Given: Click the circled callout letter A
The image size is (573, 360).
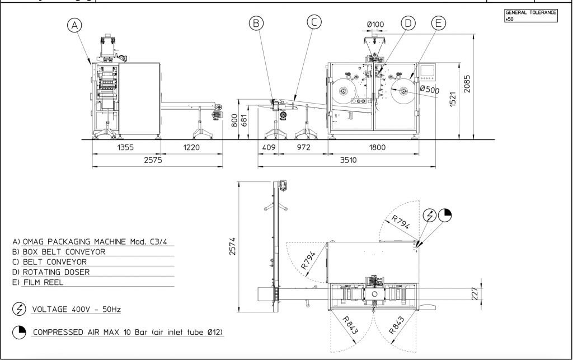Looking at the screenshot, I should tap(74, 25).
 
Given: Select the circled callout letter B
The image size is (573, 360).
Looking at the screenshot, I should tap(256, 23).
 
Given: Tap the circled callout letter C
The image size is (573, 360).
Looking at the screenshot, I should tap(314, 22).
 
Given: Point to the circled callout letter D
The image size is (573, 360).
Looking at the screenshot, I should tap(408, 23).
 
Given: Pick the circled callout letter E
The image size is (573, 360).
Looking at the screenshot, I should tap(438, 23).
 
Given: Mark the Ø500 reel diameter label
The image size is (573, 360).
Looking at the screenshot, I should tap(430, 89).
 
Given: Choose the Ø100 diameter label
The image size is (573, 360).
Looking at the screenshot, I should tap(375, 24).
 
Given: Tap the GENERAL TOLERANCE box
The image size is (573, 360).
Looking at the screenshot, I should tap(530, 15).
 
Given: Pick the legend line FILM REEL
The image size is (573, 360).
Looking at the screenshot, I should tap(47, 282).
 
